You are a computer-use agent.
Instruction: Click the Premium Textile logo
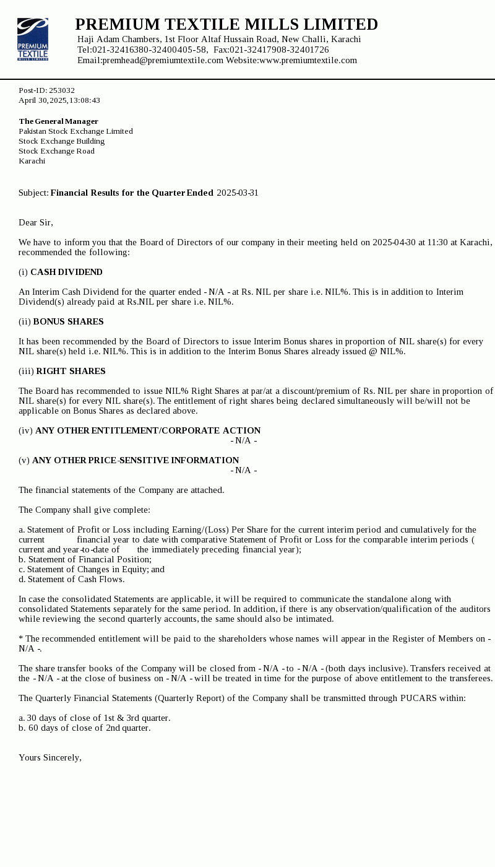tap(33, 39)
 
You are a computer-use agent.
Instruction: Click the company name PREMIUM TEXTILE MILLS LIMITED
tap(226, 24)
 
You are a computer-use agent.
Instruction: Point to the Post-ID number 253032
tap(62, 90)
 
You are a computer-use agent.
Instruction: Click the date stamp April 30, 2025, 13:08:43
tap(59, 100)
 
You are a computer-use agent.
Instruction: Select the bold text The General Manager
tap(58, 121)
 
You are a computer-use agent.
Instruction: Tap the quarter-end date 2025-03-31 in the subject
tap(238, 193)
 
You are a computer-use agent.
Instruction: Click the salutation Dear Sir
tap(36, 222)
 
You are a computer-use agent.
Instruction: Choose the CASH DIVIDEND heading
tap(66, 272)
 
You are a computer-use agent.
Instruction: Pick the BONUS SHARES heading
tap(68, 321)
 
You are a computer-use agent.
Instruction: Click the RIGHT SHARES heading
tap(71, 371)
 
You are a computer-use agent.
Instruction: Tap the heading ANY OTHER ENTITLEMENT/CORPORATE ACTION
tap(148, 430)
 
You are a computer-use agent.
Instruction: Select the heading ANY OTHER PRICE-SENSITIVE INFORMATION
tap(136, 460)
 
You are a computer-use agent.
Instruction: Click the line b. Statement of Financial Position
tap(85, 559)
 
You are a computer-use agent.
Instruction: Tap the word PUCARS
tap(418, 698)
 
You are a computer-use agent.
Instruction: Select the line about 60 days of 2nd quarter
tap(84, 728)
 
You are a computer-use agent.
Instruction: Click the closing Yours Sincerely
tap(50, 757)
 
